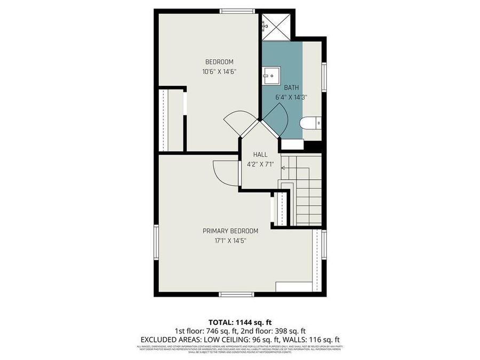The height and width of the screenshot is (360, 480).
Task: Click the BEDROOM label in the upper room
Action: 219,62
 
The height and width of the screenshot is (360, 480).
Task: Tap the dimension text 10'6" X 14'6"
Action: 219,71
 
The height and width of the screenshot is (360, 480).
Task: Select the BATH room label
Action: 291,87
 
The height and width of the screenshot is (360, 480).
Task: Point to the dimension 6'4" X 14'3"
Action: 291,97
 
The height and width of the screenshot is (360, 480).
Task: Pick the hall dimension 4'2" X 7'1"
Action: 260,164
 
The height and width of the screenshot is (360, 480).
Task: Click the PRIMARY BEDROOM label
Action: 230,231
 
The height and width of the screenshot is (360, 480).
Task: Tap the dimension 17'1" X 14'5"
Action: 230,241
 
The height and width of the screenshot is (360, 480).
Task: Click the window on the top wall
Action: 237,11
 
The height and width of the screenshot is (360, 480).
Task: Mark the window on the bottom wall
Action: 237,294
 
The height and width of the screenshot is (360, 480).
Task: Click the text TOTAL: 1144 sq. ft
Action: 239,322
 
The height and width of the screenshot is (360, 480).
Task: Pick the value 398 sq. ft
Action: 291,331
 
